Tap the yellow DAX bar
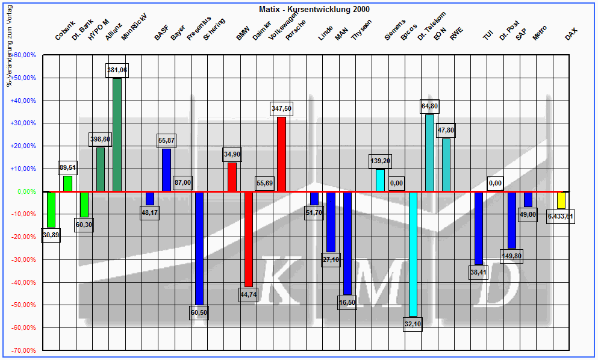click(561, 200)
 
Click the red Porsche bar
click(281, 154)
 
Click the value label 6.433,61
click(561, 216)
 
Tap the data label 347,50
click(281, 108)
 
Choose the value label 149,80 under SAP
click(511, 256)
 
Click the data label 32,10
click(413, 323)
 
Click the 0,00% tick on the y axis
click(26, 191)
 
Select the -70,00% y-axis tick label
click(24, 350)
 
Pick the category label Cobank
click(65, 31)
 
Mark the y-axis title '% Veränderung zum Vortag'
click(9, 51)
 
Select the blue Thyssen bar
click(347, 243)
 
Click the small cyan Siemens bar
click(380, 180)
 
